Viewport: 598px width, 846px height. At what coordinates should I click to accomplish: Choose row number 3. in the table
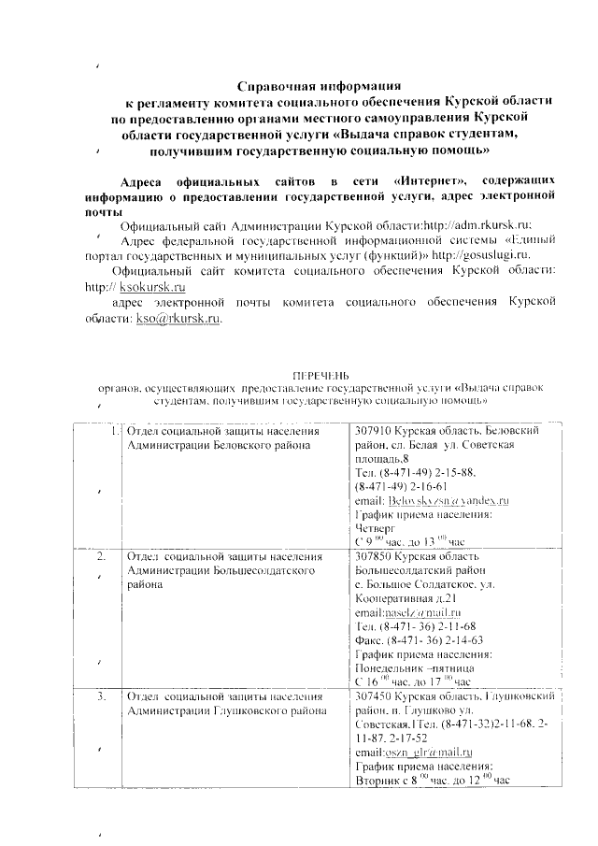click(x=102, y=696)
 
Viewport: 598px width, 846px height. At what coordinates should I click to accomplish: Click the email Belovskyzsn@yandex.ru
click(x=448, y=501)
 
